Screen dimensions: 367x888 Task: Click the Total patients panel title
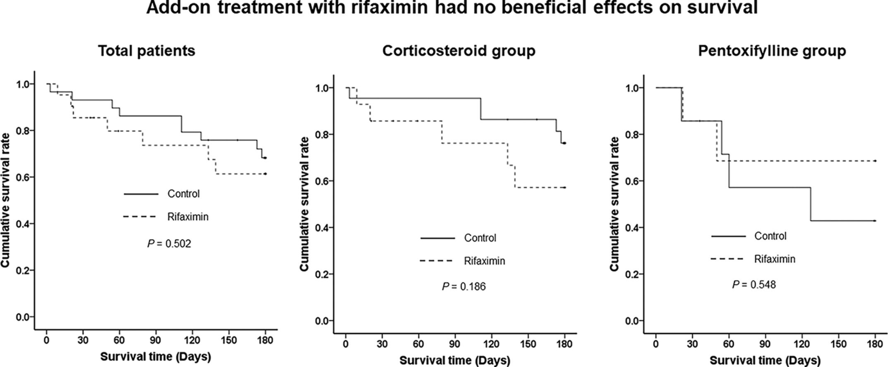pyautogui.click(x=146, y=51)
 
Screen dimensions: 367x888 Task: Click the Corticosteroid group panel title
pyautogui.click(x=458, y=51)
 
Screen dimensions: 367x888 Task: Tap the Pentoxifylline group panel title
pyautogui.click(x=772, y=51)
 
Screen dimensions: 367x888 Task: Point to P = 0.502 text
pyautogui.click(x=169, y=244)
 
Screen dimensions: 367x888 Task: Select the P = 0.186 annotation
pyautogui.click(x=464, y=286)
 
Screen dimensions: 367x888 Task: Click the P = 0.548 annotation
pyautogui.click(x=754, y=285)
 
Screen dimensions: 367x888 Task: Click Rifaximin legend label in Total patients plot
pyautogui.click(x=188, y=217)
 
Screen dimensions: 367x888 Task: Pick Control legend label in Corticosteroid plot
pyautogui.click(x=480, y=238)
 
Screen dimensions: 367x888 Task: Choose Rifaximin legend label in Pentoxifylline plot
pyautogui.click(x=775, y=259)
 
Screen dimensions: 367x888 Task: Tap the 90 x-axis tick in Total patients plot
pyautogui.click(x=156, y=340)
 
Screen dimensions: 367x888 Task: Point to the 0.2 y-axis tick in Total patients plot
pyautogui.click(x=23, y=270)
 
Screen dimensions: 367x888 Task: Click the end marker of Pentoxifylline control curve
pyautogui.click(x=875, y=221)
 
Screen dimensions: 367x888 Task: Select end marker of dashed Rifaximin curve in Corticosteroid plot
pyautogui.click(x=565, y=188)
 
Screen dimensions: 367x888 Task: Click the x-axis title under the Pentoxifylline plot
pyautogui.click(x=765, y=360)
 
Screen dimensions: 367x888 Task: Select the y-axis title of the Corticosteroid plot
pyautogui.click(x=305, y=204)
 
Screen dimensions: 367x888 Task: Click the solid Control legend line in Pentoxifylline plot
pyautogui.click(x=728, y=236)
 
